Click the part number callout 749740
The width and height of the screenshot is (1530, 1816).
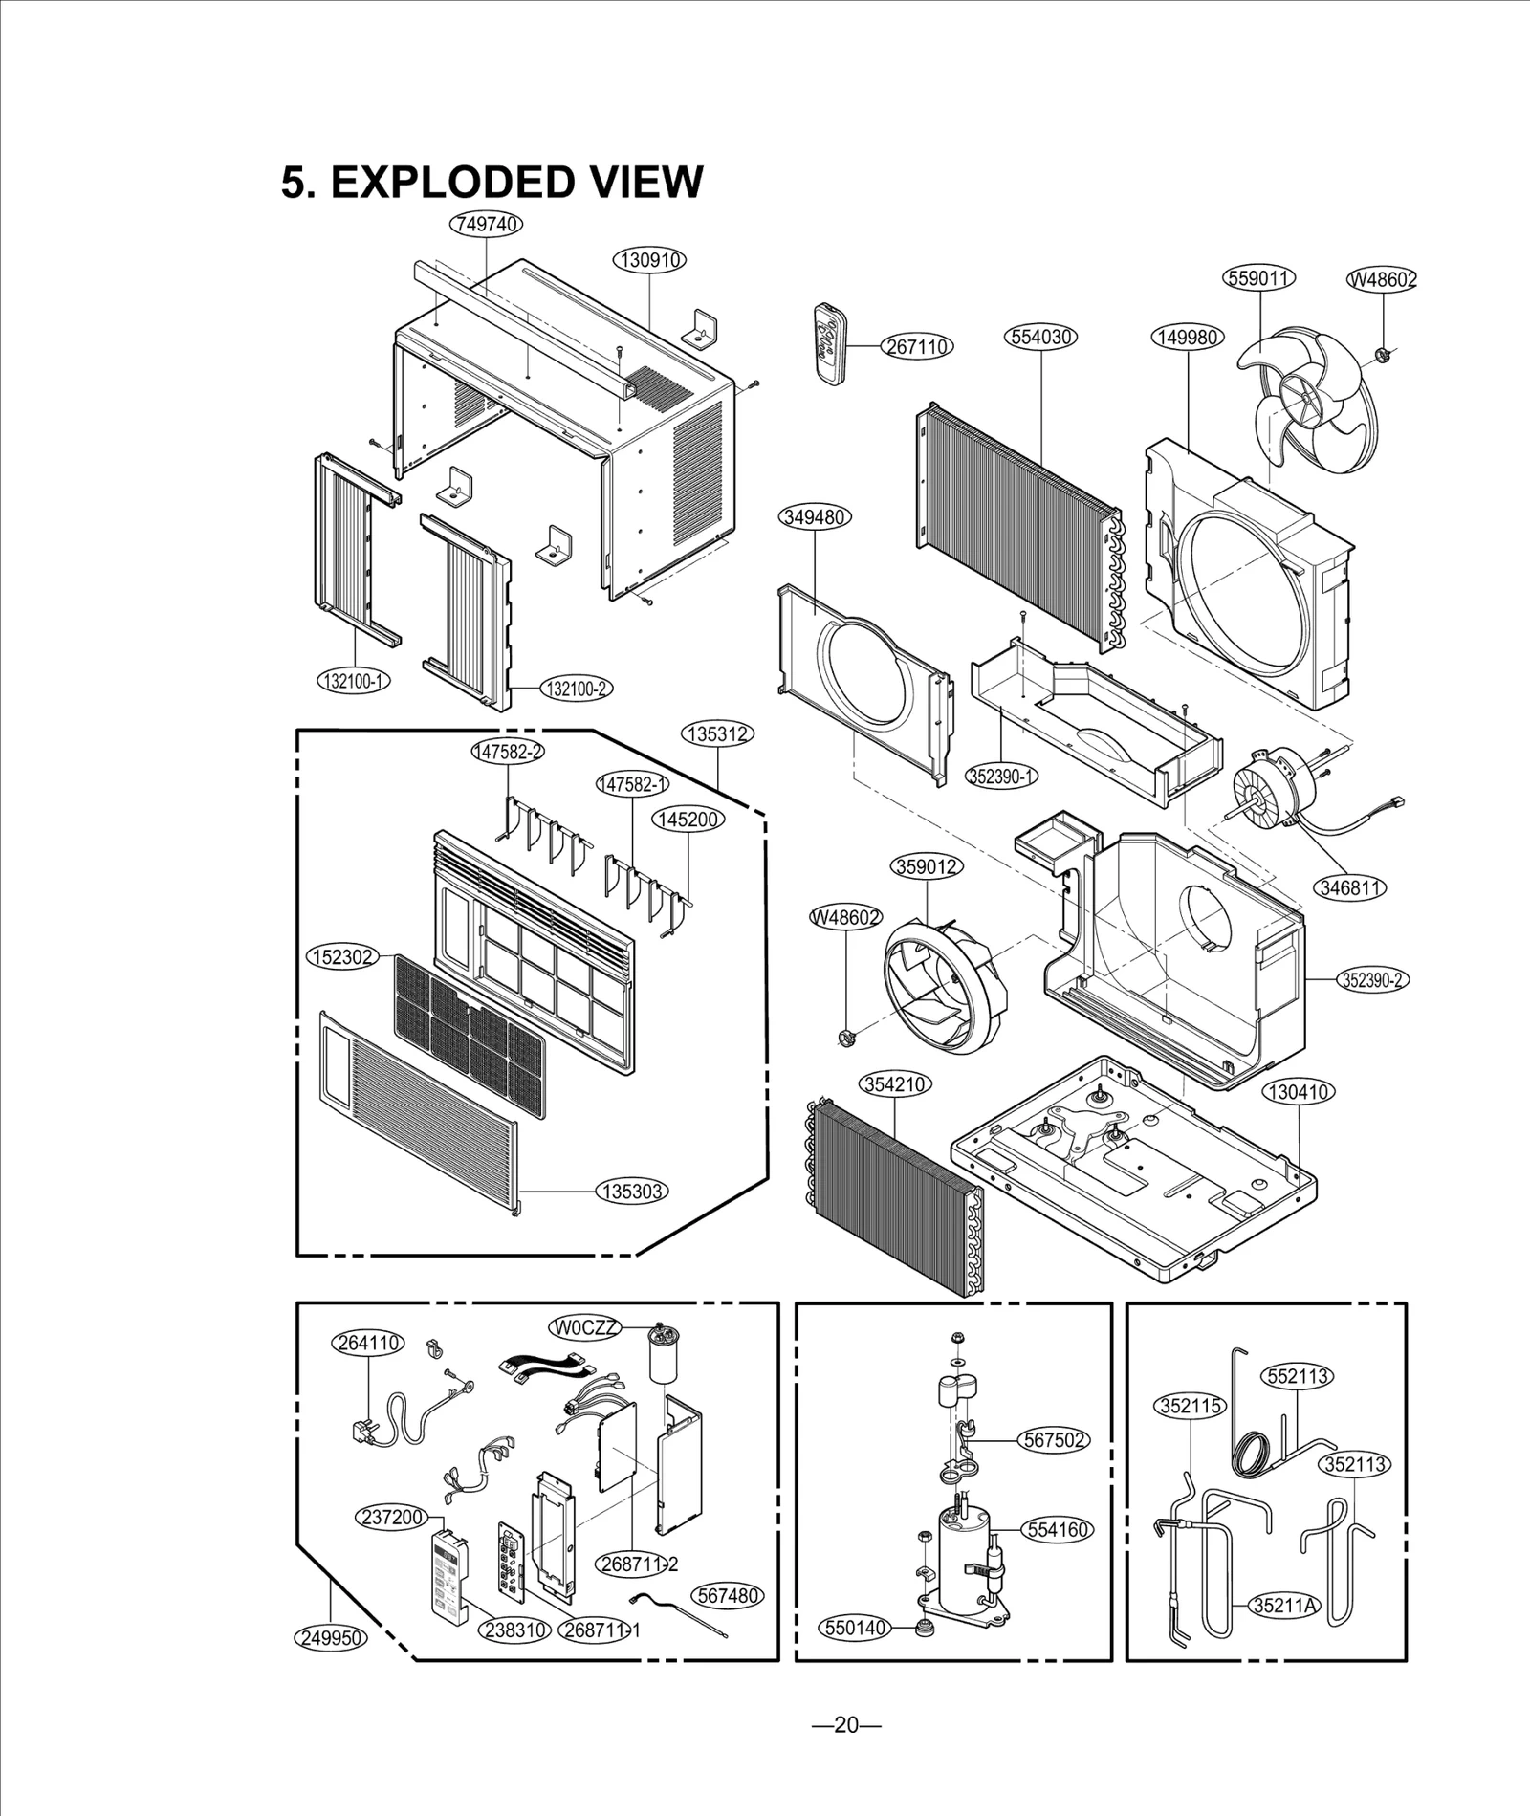(487, 224)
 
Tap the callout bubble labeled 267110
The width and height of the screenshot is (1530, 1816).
(917, 346)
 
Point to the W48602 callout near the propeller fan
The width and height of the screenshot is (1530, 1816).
(1382, 279)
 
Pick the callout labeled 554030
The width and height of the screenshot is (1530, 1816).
(1040, 337)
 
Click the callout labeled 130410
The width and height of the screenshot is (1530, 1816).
(1299, 1091)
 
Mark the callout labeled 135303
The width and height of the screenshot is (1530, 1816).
(632, 1191)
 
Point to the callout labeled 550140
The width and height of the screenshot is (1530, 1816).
(854, 1627)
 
